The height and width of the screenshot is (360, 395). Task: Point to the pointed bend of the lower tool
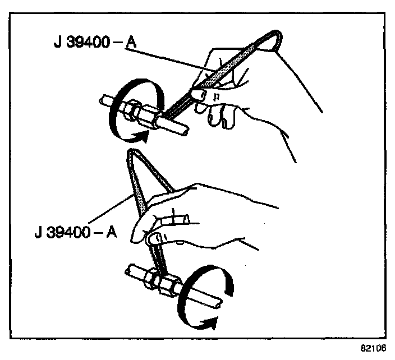(x=132, y=153)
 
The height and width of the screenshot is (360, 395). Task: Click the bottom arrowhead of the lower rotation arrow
(x=209, y=322)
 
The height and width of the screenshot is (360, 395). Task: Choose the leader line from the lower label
(x=107, y=213)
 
